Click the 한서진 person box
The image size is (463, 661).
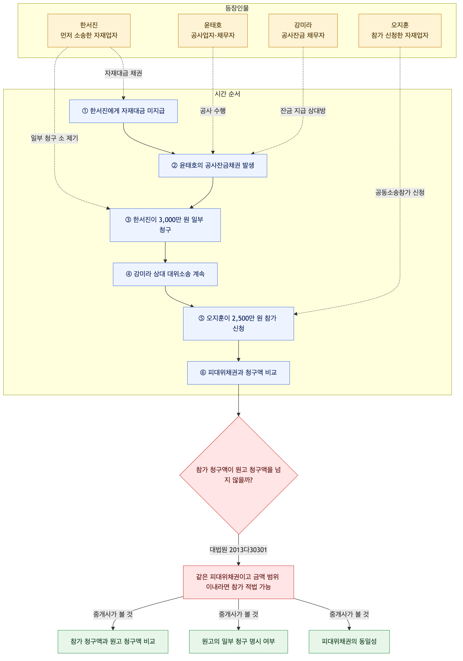tap(89, 31)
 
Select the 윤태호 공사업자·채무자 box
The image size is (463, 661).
tap(213, 31)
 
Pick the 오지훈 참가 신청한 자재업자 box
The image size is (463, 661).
tap(400, 31)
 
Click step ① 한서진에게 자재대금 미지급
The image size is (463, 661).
tap(123, 111)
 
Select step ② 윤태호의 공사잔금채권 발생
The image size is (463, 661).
tap(213, 165)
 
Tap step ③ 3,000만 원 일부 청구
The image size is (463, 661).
tap(165, 225)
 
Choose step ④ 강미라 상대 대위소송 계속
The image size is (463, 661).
tap(165, 274)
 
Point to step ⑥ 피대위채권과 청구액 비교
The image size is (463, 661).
tap(238, 373)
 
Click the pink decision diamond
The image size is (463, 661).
tap(239, 475)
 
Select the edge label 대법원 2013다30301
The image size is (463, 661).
tap(238, 550)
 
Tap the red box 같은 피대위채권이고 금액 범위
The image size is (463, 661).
tap(238, 582)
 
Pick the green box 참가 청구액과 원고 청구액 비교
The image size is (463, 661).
tap(113, 641)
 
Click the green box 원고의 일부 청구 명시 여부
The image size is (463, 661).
tap(238, 641)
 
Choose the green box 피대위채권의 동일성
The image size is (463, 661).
tap(349, 641)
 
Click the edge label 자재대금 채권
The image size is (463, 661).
tap(123, 73)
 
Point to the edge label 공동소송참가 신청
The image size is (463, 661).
tap(400, 192)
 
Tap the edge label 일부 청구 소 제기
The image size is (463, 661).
tap(55, 138)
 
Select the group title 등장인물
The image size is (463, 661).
tap(237, 8)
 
